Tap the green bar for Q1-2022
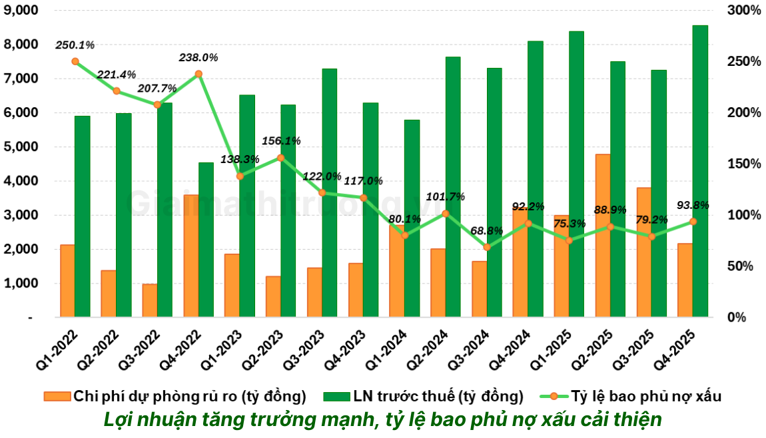pos(82,216)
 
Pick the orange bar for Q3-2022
pos(150,301)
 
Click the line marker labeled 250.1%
pos(75,61)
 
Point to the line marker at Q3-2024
pos(487,247)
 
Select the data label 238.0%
pos(198,58)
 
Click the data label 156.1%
pos(281,141)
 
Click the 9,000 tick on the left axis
pos(20,11)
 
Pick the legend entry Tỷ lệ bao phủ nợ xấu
pos(646,397)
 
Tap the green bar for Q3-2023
pos(329,193)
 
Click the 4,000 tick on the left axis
pos(20,181)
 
